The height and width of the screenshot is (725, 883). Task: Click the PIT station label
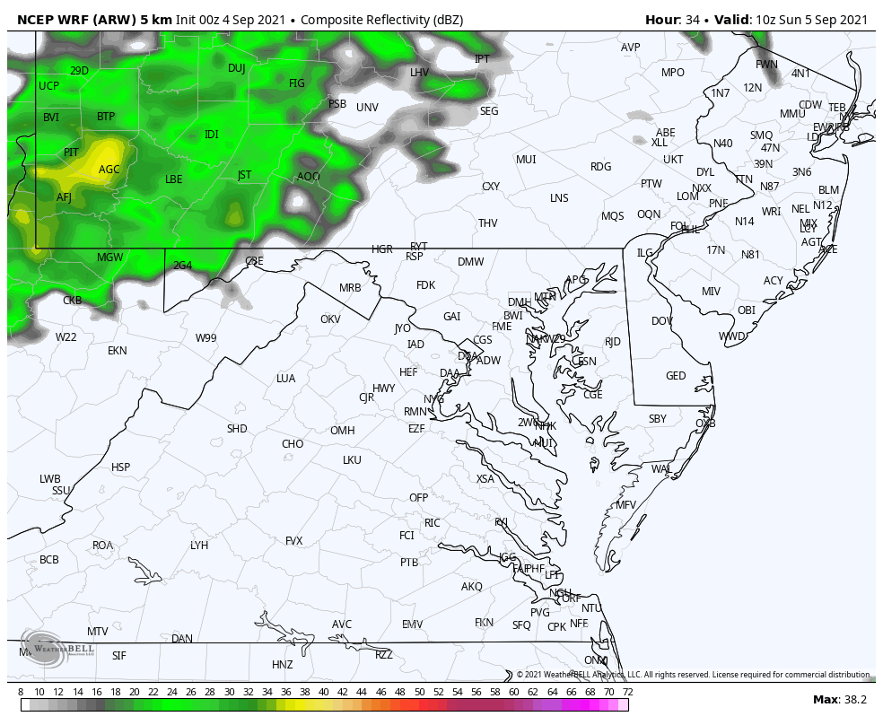coord(71,153)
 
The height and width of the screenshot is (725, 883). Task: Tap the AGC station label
coord(109,170)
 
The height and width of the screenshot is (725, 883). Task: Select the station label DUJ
coord(236,68)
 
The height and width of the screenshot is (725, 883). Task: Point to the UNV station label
coord(367,108)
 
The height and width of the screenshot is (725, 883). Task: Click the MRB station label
coord(350,288)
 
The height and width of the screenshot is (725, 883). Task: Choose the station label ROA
coord(103,546)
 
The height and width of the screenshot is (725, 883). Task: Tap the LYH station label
coord(199,546)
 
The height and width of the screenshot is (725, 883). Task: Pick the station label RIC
coord(433,523)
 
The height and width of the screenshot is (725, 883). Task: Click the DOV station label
coord(662,321)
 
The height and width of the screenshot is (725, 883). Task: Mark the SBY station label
coord(658,419)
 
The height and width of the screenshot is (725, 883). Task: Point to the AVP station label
coord(631,48)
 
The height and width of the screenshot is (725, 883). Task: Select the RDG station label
coord(600,167)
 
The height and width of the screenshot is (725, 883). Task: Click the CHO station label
coord(293,444)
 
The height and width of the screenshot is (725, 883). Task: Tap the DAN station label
coord(182,639)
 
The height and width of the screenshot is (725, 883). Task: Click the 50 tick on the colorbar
coord(419,692)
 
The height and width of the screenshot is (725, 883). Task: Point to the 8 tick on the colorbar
coord(21,692)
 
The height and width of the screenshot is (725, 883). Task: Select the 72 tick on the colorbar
coord(627,692)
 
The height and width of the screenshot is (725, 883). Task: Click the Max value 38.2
coord(854,700)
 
